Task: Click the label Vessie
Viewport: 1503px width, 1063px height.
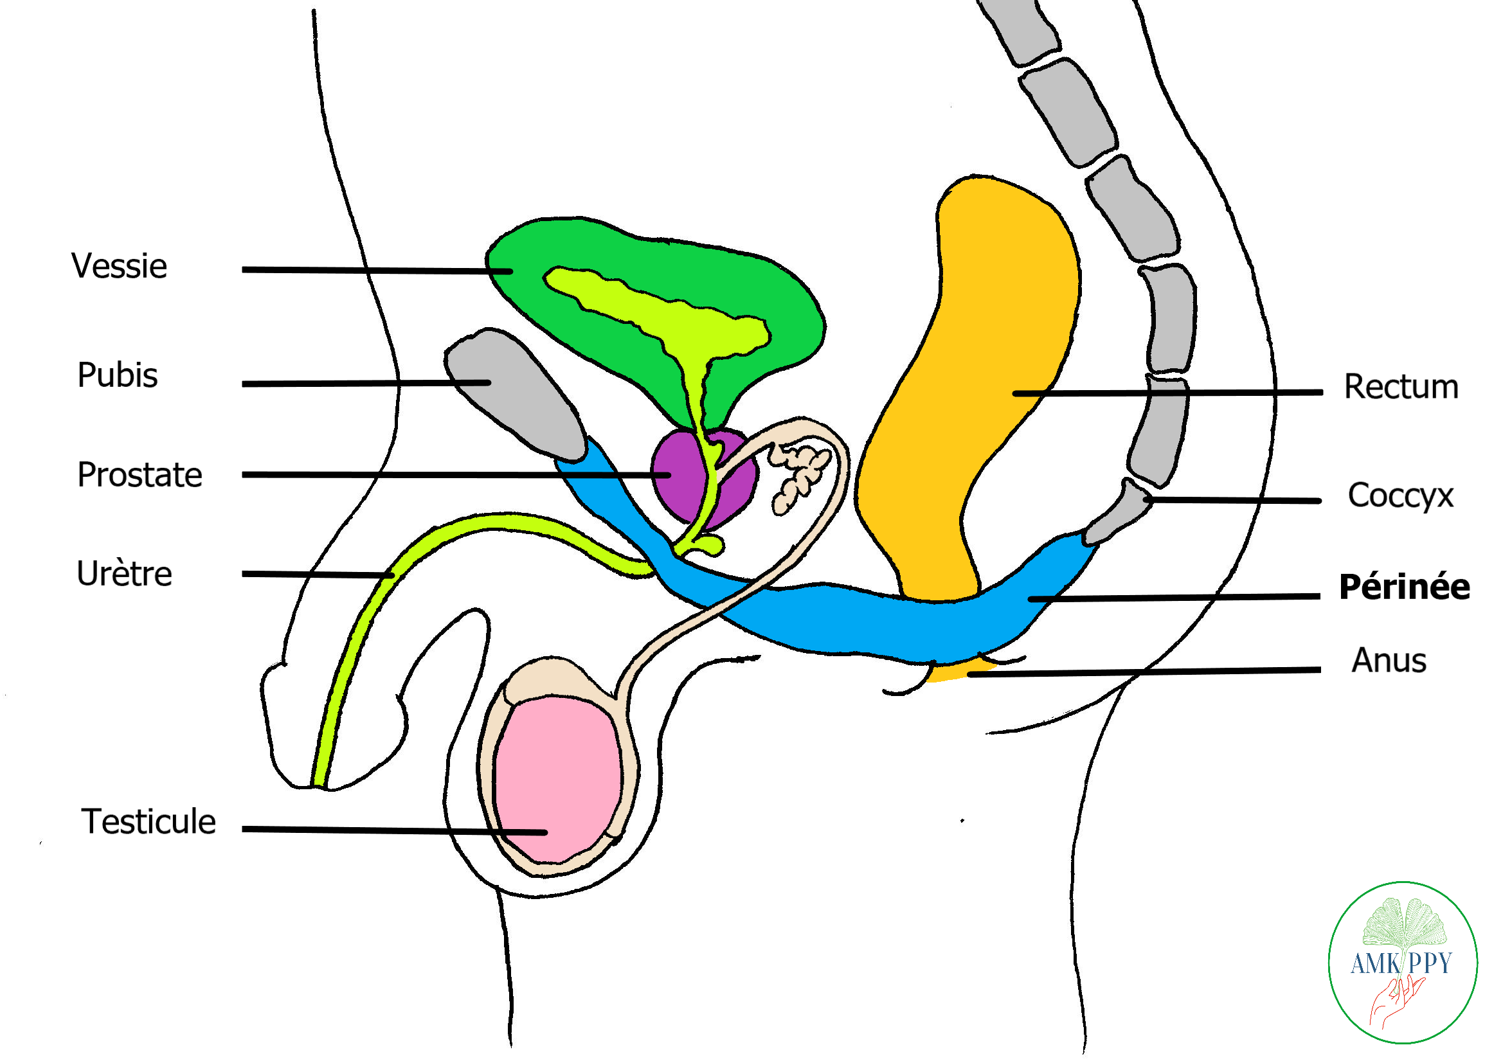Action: (119, 267)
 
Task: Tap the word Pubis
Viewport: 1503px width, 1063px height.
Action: (118, 376)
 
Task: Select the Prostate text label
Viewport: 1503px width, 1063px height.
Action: (139, 475)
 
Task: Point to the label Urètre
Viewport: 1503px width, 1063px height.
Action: (124, 575)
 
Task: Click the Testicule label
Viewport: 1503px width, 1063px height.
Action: (148, 822)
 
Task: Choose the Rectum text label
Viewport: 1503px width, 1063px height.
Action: (1401, 387)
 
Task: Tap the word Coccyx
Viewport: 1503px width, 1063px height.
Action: (1400, 496)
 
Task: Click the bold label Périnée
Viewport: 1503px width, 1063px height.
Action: (1404, 587)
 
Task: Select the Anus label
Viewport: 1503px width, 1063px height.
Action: (1389, 661)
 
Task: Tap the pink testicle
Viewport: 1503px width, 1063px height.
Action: (557, 779)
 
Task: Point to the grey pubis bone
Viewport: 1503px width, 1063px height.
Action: (517, 393)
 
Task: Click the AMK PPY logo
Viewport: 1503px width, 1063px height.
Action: (1402, 962)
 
